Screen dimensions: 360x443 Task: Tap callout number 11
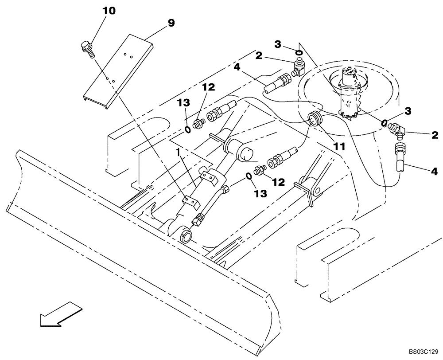pyautogui.click(x=339, y=146)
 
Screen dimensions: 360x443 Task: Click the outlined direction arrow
pyautogui.click(x=61, y=313)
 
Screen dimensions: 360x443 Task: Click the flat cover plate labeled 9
pyautogui.click(x=117, y=71)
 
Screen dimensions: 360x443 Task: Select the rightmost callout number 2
pyautogui.click(x=434, y=134)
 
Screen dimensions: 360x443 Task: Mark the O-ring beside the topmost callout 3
pyautogui.click(x=299, y=54)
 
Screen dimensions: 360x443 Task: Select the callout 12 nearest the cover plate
pyautogui.click(x=208, y=87)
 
